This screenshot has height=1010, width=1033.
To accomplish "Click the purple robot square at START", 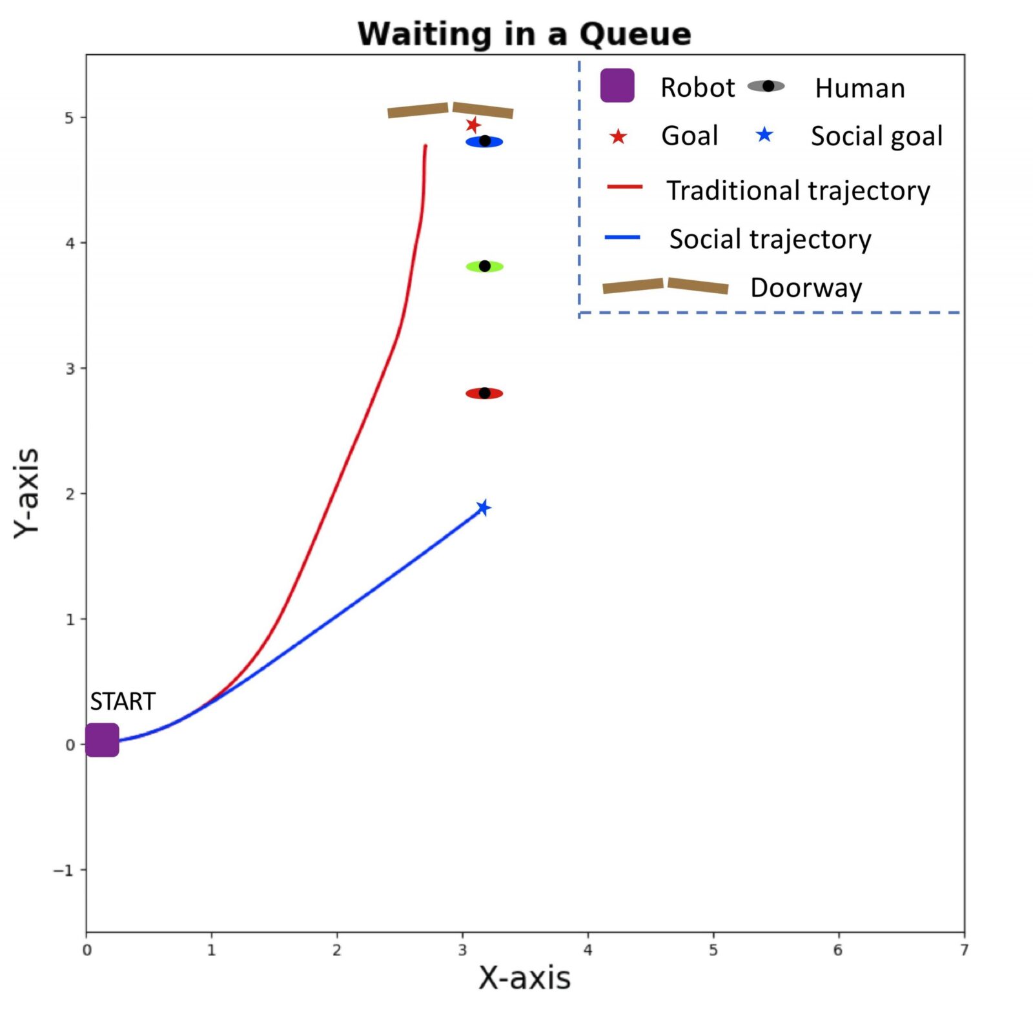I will tap(102, 740).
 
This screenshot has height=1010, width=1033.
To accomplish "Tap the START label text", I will tap(123, 701).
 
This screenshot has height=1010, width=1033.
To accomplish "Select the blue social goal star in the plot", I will tap(483, 508).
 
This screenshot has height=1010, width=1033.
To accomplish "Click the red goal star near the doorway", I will tap(473, 125).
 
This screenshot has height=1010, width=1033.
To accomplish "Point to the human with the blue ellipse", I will tap(484, 141).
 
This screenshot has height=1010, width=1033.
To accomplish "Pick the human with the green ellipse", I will tap(484, 266).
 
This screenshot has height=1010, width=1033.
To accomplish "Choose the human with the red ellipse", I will tap(484, 393).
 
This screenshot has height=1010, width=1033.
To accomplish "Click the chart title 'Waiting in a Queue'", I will tap(524, 34).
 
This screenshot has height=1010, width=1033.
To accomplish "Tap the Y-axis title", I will tap(27, 492).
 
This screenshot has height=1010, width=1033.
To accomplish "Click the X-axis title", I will tap(524, 978).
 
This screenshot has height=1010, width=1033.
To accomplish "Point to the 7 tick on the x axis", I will tap(964, 950).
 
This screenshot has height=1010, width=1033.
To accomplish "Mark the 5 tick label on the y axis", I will tap(69, 118).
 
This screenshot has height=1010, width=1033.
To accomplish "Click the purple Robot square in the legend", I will tap(617, 85).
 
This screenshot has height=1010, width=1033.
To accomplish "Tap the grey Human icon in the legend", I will tap(766, 86).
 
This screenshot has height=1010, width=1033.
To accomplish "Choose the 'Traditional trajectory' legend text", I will tap(798, 191).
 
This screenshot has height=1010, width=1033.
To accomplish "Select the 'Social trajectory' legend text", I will tap(770, 239).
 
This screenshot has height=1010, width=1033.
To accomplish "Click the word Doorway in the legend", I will tap(806, 287).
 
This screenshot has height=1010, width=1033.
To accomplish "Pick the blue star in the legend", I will tap(764, 134).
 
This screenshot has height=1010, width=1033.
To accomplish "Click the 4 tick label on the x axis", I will tap(588, 950).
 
